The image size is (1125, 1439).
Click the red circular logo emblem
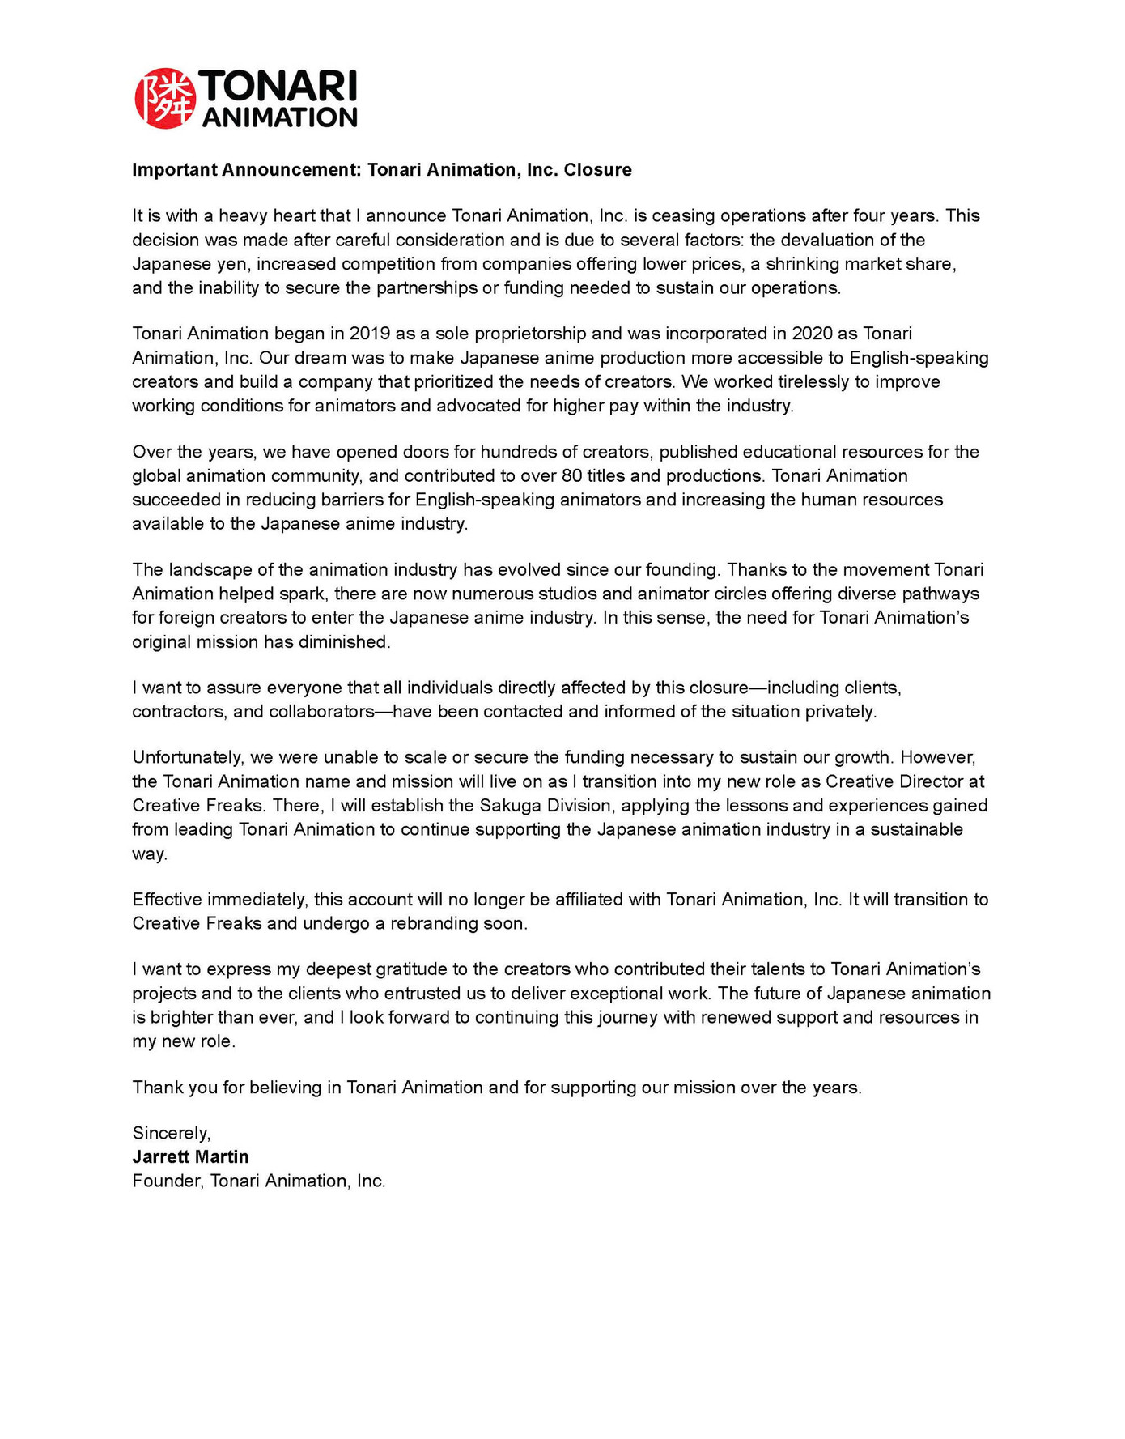pos(165,99)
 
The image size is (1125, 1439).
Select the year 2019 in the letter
pos(370,334)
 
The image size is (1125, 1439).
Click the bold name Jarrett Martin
pos(190,1156)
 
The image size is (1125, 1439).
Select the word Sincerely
pos(171,1133)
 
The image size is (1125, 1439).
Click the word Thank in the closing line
pos(158,1088)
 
